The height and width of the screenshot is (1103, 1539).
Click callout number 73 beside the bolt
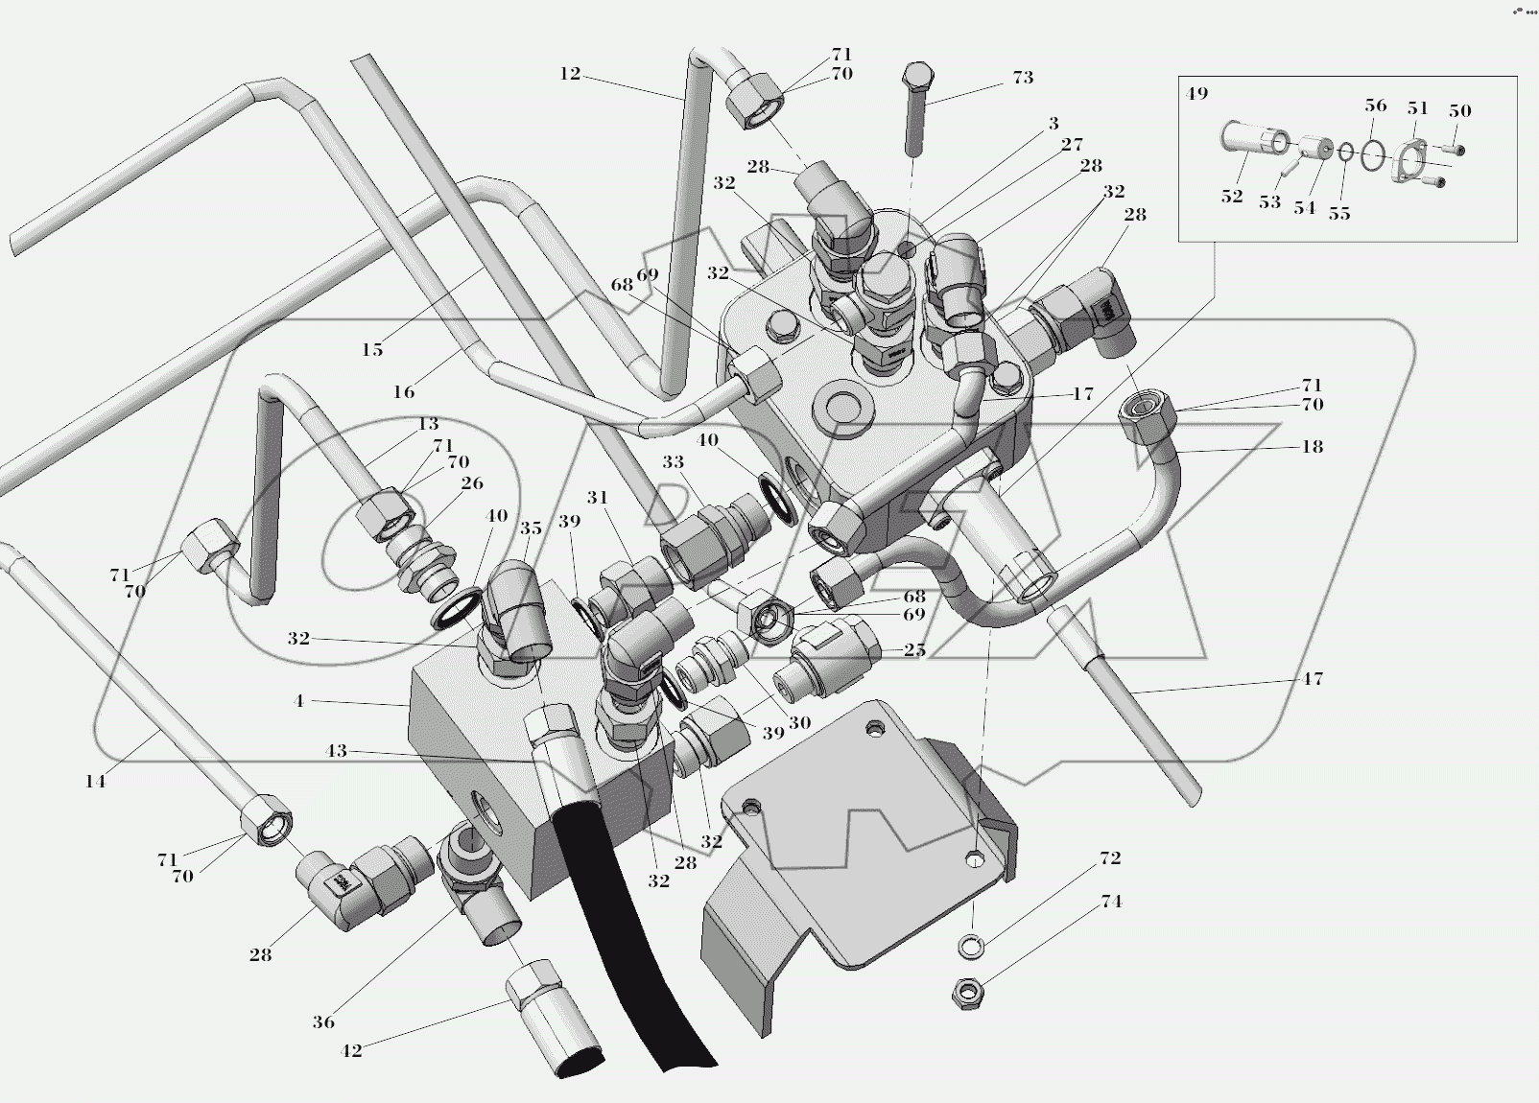click(1023, 78)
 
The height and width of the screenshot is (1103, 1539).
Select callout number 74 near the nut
click(1111, 902)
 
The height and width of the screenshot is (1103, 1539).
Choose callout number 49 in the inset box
click(1196, 94)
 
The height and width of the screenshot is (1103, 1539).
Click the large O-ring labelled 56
click(1373, 153)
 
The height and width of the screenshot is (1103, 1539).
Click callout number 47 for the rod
click(1312, 679)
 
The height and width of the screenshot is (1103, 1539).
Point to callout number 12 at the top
click(570, 74)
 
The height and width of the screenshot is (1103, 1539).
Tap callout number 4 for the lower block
click(298, 701)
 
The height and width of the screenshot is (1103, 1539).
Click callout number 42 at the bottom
click(351, 1051)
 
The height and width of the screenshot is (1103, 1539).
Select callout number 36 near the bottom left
click(323, 1022)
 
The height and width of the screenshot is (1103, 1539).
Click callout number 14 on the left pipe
click(95, 782)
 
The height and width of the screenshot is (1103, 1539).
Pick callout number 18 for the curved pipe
click(1312, 446)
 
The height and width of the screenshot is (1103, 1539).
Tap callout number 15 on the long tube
click(372, 350)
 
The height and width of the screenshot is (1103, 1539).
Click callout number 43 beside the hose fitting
click(336, 751)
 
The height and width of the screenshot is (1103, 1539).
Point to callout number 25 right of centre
click(914, 650)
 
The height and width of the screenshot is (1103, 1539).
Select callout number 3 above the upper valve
click(1054, 124)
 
